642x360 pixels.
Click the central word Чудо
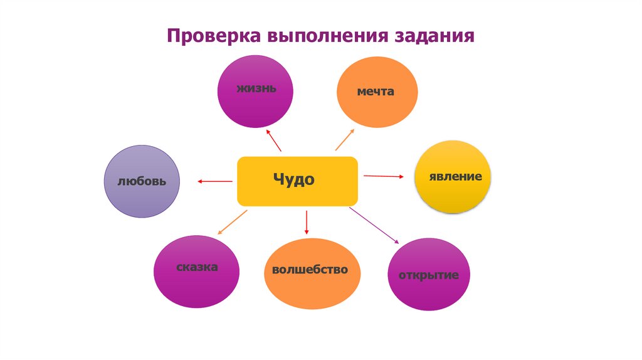pos(293,180)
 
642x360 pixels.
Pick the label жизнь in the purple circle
pos(256,87)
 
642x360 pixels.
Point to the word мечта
pos(376,92)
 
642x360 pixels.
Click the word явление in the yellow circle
pos(455,176)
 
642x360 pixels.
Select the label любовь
pos(142,182)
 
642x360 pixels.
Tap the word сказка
pos(196,267)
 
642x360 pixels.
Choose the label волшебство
pos(310,270)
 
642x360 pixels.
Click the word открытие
pos(429,275)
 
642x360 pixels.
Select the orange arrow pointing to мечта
pos(344,139)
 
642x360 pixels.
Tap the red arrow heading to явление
pos(384,176)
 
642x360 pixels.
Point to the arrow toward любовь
pos(214,181)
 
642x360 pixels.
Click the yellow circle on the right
pos(453,177)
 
